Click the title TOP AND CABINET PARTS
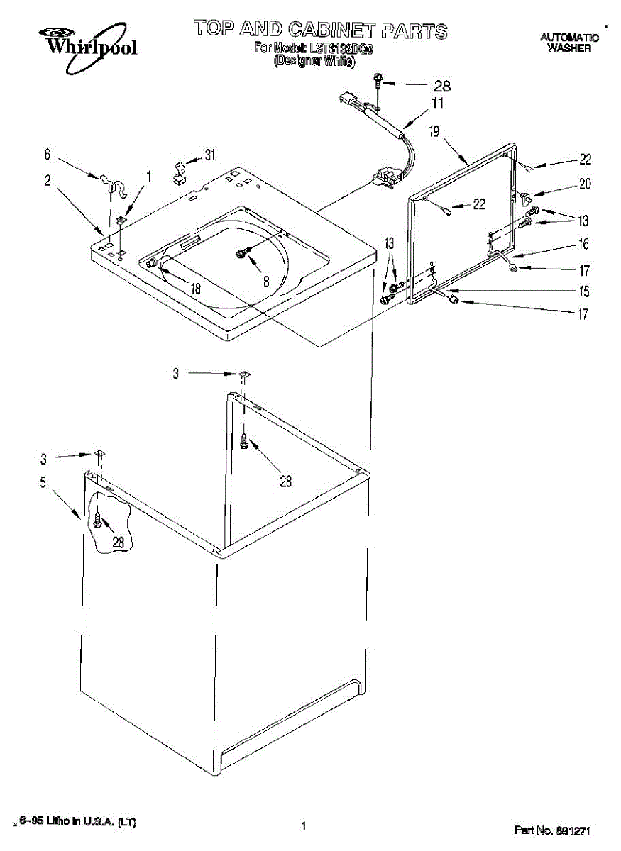321,29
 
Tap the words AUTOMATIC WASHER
569,43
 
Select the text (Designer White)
314,61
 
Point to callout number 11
439,104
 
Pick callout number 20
585,184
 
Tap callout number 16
583,245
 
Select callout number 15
583,291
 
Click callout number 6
47,153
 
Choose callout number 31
209,155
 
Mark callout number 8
265,280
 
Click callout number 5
43,483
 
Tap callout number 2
47,180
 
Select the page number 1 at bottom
303,825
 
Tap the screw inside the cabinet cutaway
97,522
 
